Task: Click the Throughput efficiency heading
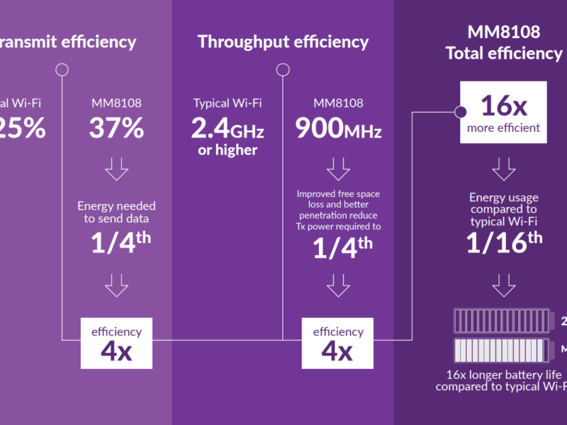[x=283, y=42]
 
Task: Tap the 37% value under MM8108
[x=116, y=127]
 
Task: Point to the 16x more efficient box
[x=503, y=113]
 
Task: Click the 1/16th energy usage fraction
[x=503, y=242]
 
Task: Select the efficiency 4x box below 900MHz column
[x=338, y=343]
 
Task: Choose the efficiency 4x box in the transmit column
[x=116, y=343]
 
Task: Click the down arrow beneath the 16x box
[x=503, y=169]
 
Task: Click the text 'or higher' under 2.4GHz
[x=228, y=150]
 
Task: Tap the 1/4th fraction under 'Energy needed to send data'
[x=120, y=242]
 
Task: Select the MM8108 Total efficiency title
[x=503, y=42]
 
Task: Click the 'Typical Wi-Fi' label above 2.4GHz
[x=228, y=103]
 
